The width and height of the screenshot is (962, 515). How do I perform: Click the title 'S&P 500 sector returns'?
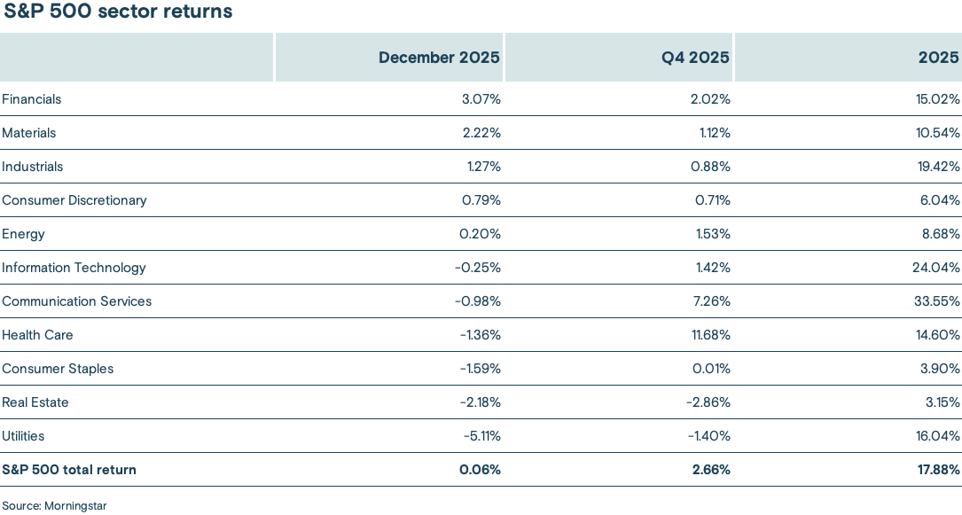pos(118,12)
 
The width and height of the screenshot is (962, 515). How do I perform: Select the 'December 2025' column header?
pos(439,58)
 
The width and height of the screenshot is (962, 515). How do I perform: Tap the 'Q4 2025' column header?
pos(695,58)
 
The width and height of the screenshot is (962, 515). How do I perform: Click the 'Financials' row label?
pos(32,99)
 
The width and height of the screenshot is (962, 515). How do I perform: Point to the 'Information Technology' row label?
pos(74,268)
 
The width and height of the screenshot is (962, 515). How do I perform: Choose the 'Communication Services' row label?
pos(77,301)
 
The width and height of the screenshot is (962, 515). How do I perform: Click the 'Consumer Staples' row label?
pos(58,369)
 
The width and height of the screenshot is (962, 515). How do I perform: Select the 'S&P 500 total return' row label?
pos(69,470)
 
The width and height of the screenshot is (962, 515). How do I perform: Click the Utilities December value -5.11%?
pos(481,436)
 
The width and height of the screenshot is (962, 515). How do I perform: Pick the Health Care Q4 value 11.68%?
pos(710,335)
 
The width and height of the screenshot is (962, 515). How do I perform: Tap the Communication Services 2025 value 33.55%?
pos(938,301)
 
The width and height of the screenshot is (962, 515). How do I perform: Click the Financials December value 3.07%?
pos(481,99)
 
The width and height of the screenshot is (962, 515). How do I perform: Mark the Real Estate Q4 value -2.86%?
pos(708,402)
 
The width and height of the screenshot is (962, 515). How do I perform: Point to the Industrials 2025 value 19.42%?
pos(939,167)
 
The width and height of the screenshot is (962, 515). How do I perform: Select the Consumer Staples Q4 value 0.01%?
pos(712,369)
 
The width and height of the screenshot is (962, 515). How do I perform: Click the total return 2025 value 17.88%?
pos(939,470)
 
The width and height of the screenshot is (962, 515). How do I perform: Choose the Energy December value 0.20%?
pos(481,234)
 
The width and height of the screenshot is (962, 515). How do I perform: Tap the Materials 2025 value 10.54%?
pos(939,133)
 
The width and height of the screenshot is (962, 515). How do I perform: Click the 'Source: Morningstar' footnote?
pos(54,505)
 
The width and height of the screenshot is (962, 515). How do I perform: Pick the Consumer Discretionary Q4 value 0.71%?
pos(713,200)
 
